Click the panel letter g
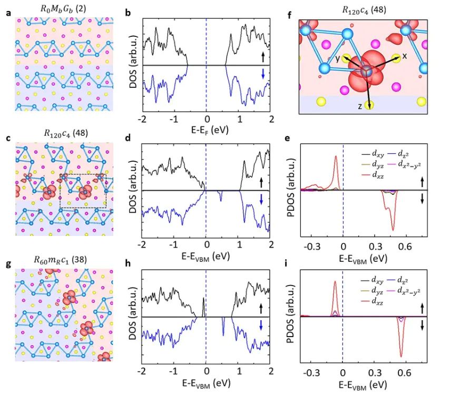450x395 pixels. coord(7,258)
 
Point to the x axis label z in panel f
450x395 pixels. coord(359,106)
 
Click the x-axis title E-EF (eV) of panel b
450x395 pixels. coord(206,128)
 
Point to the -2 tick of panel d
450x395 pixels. coord(141,245)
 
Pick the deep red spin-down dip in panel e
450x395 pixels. coord(393,229)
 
